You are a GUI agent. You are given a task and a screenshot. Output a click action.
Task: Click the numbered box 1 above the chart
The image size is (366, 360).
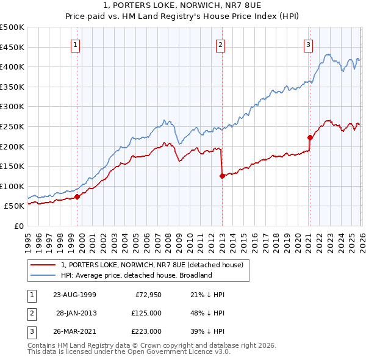tap(74, 44)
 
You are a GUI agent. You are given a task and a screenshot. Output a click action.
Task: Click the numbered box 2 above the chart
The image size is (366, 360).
tap(220, 44)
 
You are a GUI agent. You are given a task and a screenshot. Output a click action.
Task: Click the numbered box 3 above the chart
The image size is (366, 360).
tap(309, 44)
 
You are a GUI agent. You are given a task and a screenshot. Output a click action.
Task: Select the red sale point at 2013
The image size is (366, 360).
tap(222, 176)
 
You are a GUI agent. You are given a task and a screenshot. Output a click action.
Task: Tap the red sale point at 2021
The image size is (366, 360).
tap(310, 137)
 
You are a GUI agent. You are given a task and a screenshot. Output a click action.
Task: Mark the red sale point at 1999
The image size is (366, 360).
tap(77, 196)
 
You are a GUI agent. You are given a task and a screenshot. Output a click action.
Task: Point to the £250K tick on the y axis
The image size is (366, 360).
tap(12, 126)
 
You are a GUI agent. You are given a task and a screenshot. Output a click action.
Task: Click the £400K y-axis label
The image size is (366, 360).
tap(12, 67)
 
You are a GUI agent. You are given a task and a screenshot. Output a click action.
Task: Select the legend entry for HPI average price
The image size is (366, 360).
tap(135, 275)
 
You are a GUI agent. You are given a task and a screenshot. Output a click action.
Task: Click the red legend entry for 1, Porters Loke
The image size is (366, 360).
tap(152, 265)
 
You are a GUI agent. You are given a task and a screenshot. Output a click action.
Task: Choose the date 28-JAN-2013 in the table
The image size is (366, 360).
tap(76, 313)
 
